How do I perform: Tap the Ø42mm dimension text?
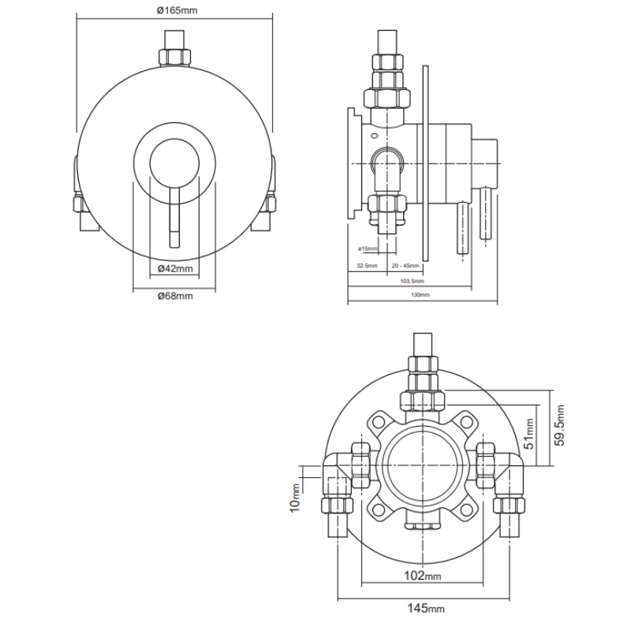point(175,269)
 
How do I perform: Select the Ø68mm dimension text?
point(175,296)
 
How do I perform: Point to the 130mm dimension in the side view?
point(420,294)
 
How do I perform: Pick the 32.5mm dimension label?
point(367,266)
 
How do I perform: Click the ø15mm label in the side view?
point(368,249)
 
